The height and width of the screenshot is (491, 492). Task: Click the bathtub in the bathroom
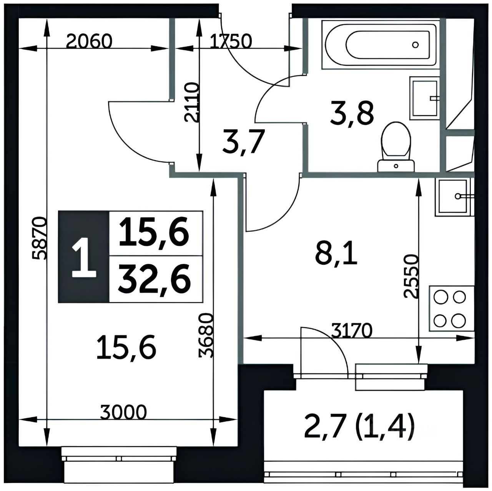click(381, 45)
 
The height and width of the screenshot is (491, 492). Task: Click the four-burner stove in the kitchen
click(451, 309)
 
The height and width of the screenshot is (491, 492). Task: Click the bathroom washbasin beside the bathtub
click(425, 98)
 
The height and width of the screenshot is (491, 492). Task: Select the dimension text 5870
click(40, 238)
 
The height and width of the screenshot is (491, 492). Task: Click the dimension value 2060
click(89, 42)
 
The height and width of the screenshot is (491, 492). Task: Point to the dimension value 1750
click(231, 42)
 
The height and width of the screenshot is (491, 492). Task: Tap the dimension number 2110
click(192, 102)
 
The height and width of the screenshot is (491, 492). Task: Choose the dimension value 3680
click(206, 335)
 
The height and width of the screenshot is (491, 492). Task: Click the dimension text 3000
click(123, 411)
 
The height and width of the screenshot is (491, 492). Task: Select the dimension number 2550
click(411, 276)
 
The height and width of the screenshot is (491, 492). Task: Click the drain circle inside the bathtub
click(416, 45)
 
